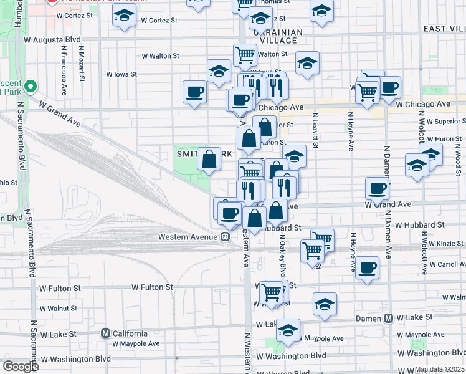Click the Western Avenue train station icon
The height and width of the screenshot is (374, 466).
pos(225,237)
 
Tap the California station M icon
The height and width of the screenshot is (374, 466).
pos(106,333)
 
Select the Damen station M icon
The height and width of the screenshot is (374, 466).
pos(388,318)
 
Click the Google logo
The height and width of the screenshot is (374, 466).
pos(21,367)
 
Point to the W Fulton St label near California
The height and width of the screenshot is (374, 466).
pos(152,287)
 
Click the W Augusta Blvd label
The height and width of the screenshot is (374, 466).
pos(52,39)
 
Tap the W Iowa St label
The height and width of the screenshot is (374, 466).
pos(121,74)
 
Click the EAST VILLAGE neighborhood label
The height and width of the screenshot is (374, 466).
pos(444,29)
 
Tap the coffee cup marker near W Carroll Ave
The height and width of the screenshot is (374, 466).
pos(368,268)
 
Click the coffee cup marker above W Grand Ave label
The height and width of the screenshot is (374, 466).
pos(376,188)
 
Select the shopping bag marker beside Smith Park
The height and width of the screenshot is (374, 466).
pos(209,160)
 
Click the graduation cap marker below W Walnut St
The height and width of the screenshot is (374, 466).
pos(325,305)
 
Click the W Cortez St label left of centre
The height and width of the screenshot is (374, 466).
pos(159,21)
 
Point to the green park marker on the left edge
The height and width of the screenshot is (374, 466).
pos(30,85)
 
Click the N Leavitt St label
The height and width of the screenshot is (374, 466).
pos(316,131)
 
